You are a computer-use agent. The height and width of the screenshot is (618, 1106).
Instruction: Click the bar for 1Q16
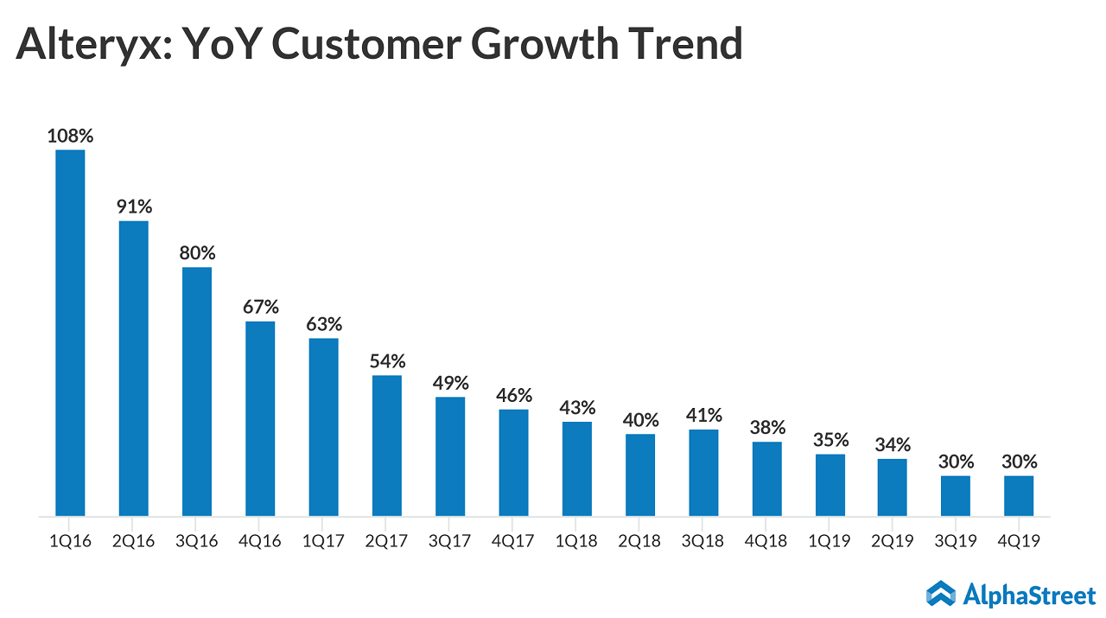(x=70, y=333)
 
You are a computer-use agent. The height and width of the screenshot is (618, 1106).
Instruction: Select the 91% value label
(x=134, y=207)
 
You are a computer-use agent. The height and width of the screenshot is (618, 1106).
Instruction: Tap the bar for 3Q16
(x=197, y=392)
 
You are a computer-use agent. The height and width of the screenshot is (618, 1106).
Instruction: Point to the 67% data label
(x=260, y=307)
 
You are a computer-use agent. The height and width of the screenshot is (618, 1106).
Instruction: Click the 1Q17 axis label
(x=324, y=542)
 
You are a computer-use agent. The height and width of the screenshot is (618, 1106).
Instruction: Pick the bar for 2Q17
(x=387, y=445)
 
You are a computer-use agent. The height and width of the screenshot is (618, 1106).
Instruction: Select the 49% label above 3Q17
(x=450, y=382)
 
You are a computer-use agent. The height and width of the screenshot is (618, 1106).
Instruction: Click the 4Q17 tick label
(x=513, y=542)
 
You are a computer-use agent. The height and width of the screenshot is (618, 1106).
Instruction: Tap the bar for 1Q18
(x=577, y=468)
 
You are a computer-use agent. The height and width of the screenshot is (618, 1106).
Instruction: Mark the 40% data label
(x=640, y=420)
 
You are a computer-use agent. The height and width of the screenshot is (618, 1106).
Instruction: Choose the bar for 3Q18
(x=703, y=473)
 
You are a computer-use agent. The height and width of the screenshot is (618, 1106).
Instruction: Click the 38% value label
(x=767, y=427)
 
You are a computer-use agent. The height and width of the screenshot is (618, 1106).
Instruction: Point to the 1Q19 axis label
(x=830, y=542)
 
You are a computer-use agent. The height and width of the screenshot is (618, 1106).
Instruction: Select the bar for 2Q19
(x=893, y=487)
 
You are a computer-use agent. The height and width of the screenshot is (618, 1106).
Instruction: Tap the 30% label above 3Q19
(x=956, y=462)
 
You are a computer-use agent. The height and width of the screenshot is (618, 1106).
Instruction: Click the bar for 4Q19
(x=1019, y=496)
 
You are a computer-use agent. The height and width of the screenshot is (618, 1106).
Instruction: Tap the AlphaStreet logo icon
(x=941, y=593)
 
